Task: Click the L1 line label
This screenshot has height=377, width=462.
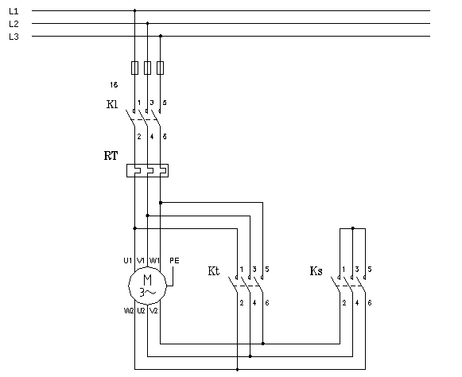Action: pyautogui.click(x=14, y=11)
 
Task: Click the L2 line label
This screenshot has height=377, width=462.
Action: pyautogui.click(x=14, y=24)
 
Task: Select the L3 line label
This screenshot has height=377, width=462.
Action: pyautogui.click(x=14, y=37)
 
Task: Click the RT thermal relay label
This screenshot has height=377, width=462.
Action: pyautogui.click(x=111, y=156)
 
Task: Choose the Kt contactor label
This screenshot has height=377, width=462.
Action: pyautogui.click(x=213, y=271)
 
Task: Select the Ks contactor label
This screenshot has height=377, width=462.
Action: pyautogui.click(x=316, y=271)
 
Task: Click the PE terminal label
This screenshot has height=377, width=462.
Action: pyautogui.click(x=174, y=260)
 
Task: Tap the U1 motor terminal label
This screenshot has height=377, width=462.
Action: pyautogui.click(x=127, y=260)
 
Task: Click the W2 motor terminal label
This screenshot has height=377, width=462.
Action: pyautogui.click(x=127, y=311)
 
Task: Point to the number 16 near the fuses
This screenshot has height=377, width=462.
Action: pyautogui.click(x=114, y=84)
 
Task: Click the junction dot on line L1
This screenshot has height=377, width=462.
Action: pyautogui.click(x=134, y=11)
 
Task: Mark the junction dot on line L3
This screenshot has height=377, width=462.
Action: pyautogui.click(x=161, y=36)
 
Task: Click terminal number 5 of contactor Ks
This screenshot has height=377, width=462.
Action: pyautogui.click(x=370, y=269)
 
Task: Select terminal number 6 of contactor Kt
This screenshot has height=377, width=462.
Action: pyautogui.click(x=267, y=303)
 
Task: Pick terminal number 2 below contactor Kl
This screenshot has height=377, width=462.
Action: pyautogui.click(x=139, y=137)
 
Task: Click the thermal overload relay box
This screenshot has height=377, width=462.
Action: pyautogui.click(x=148, y=170)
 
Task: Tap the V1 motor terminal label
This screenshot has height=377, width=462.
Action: pyautogui.click(x=141, y=260)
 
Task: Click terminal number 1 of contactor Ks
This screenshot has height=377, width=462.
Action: pyautogui.click(x=343, y=269)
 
